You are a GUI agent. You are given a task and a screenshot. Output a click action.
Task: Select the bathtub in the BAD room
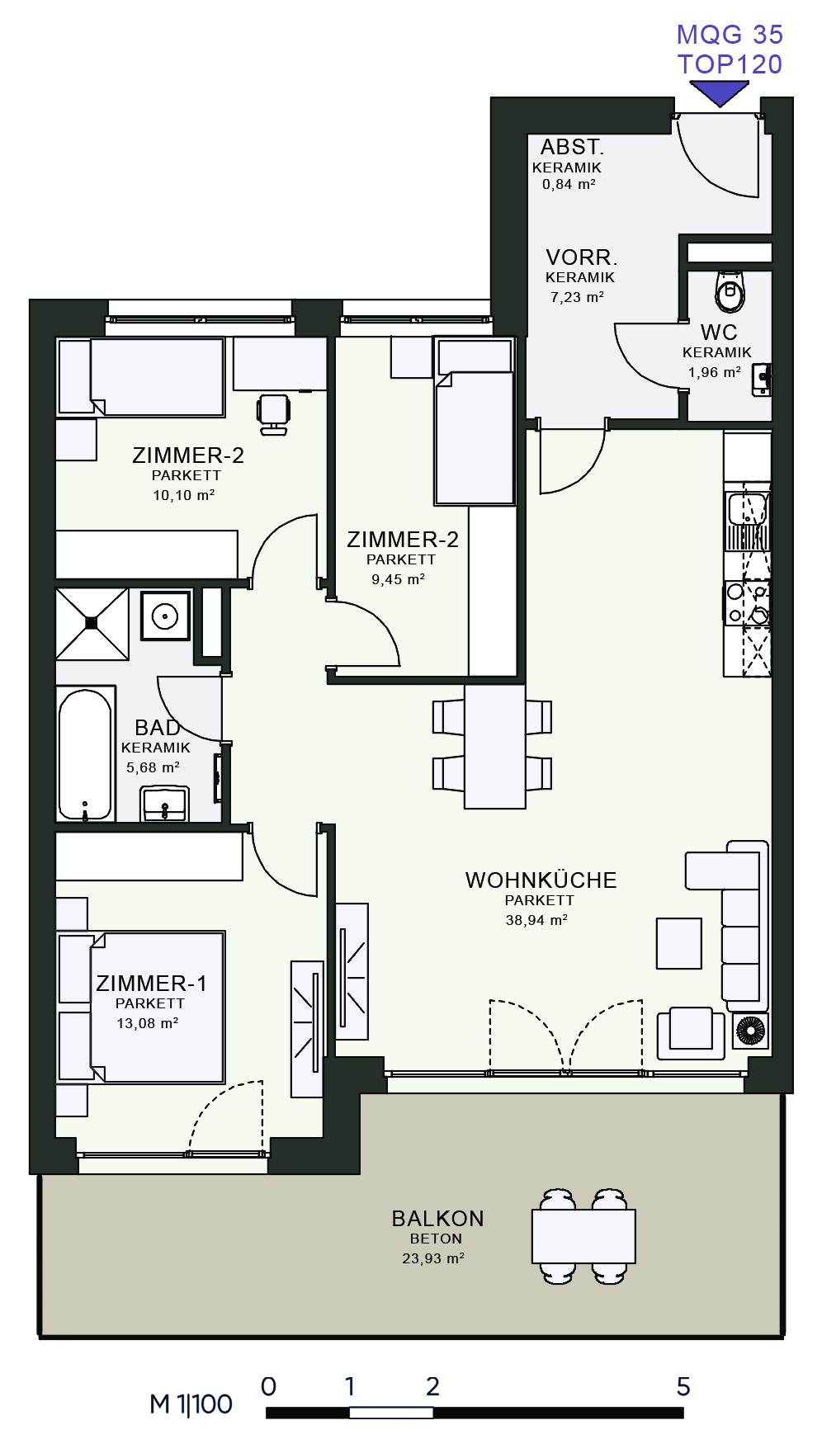85,754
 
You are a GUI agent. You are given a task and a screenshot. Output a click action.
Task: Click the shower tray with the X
92,624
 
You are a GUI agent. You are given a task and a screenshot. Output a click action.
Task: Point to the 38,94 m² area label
536,920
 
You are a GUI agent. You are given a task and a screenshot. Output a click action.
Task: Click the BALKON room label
437,1219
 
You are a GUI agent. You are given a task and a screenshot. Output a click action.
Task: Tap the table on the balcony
583,1236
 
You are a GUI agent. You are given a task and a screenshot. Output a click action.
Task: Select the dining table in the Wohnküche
494,747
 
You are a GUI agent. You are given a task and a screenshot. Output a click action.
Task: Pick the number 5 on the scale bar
683,1386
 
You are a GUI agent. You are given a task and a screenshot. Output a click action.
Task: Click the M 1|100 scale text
191,1404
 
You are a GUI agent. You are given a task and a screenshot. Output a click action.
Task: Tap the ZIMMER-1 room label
151,984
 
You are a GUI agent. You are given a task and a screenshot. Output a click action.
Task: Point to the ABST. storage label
572,147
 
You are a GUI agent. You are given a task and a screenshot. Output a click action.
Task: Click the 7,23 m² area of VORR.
577,297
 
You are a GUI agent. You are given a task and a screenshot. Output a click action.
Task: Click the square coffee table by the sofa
679,943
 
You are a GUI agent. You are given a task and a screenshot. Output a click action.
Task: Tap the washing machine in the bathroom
165,616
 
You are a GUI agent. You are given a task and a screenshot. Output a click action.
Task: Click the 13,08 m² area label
147,1023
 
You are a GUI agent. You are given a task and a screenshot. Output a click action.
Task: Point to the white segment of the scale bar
391,1413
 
